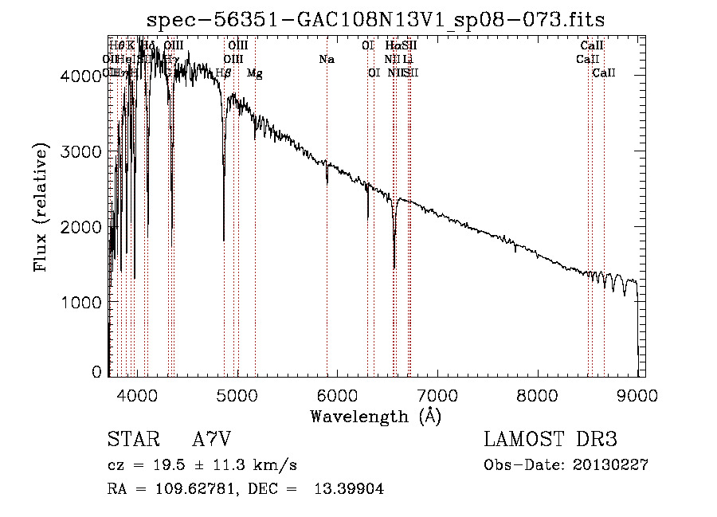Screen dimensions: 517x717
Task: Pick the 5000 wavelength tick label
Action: coord(237,394)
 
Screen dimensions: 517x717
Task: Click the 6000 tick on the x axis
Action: coord(338,394)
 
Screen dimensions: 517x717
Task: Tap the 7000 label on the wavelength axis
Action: coord(438,394)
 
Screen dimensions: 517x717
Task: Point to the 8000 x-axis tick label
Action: coord(538,394)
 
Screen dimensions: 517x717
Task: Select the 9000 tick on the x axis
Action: coord(637,394)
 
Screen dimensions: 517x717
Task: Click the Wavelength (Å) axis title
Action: coord(375,416)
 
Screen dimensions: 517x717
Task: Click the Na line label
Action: coord(326,59)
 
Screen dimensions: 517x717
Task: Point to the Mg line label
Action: coord(254,73)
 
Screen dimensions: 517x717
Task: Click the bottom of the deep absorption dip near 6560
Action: coord(394,268)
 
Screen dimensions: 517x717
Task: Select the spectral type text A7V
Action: coord(211,441)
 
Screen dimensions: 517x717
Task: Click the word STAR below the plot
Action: coord(130,441)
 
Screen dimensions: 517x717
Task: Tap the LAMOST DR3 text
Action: coord(550,441)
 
